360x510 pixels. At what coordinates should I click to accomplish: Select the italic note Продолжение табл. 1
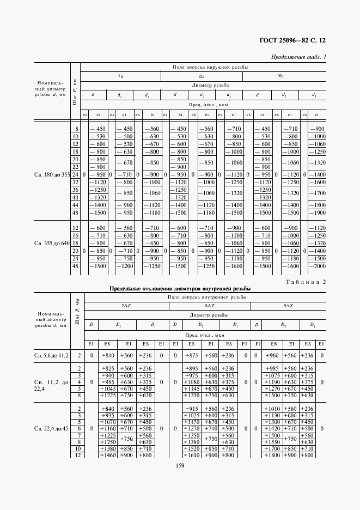298,57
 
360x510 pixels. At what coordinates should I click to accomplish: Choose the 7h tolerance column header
120,76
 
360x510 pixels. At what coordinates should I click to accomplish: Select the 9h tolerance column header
280,76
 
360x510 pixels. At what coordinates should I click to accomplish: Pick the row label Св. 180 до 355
51,174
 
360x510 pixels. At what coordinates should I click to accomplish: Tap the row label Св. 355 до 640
51,242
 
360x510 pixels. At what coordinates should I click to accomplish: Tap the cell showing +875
192,355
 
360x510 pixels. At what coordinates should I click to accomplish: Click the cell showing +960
272,355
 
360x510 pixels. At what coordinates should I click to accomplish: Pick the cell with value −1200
125,266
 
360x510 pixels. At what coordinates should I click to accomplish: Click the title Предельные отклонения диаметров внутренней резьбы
179,288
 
